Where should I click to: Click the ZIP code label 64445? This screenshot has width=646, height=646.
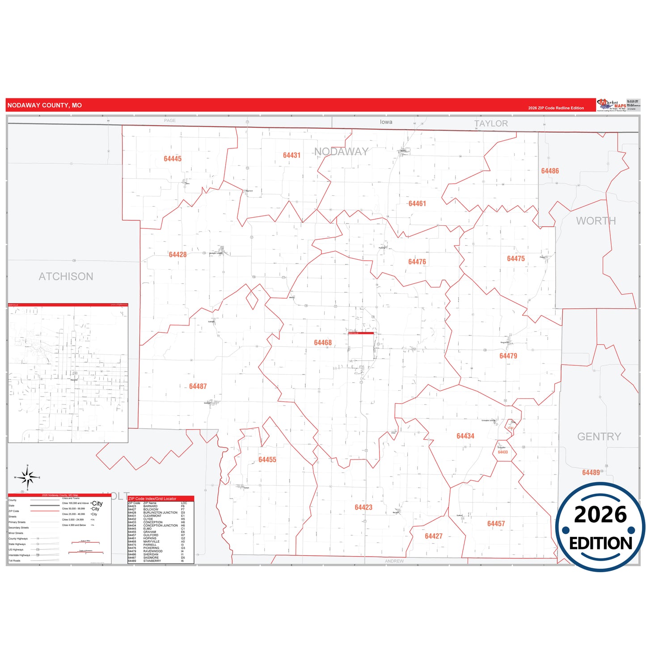click(x=173, y=159)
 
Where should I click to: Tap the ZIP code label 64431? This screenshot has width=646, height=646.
click(x=291, y=155)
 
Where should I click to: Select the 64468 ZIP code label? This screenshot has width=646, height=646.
click(x=323, y=342)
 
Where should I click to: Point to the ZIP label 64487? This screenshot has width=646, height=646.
click(x=198, y=386)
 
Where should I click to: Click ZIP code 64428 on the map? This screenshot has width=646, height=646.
click(x=177, y=254)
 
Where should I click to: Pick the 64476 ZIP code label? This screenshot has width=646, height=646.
click(x=417, y=262)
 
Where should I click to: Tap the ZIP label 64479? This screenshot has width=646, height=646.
click(x=508, y=356)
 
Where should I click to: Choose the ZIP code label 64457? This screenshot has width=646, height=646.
click(x=496, y=524)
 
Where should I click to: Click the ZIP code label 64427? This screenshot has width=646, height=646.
click(x=433, y=536)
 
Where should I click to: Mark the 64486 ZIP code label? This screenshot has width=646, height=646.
click(x=550, y=171)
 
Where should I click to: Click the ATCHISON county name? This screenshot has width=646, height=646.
click(x=66, y=276)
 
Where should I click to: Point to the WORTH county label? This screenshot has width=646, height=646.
click(x=595, y=221)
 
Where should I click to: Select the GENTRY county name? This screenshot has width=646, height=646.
click(x=599, y=436)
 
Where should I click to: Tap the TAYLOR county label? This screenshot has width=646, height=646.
click(x=491, y=123)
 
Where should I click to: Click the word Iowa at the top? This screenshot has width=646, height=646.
click(x=386, y=122)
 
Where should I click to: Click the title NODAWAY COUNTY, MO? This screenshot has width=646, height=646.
click(x=45, y=106)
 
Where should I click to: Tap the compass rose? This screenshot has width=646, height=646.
click(x=28, y=478)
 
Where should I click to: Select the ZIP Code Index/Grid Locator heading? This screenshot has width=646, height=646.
click(x=152, y=498)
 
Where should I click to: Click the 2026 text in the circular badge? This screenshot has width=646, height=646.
click(x=600, y=515)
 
